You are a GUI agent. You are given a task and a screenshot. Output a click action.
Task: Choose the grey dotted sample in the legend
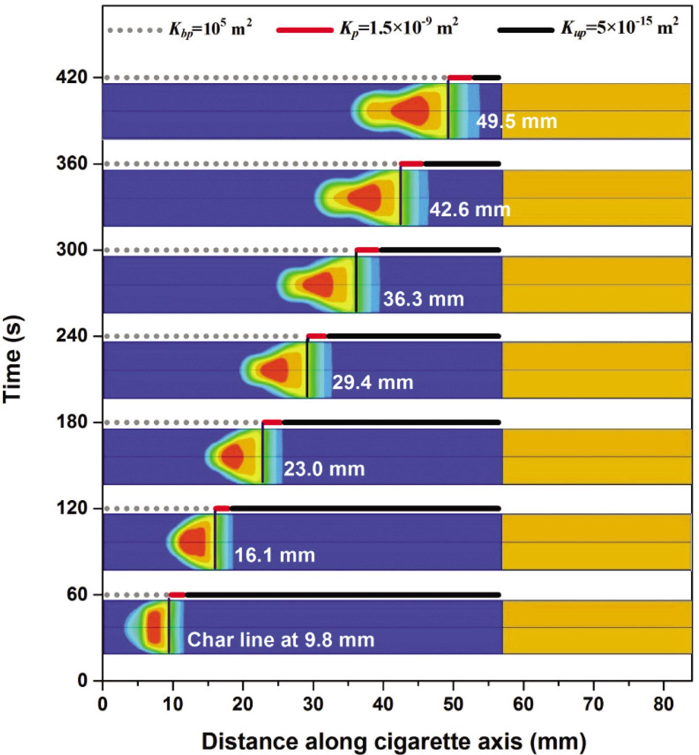click(x=135, y=30)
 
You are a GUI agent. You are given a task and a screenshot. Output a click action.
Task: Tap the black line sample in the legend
click(x=525, y=30)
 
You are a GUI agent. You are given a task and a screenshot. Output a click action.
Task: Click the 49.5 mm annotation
click(x=517, y=122)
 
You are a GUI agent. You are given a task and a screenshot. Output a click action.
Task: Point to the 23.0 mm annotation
click(x=324, y=469)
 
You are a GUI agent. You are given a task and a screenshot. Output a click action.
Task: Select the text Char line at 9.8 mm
click(x=280, y=640)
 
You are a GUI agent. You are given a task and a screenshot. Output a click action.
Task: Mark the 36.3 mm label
click(x=423, y=299)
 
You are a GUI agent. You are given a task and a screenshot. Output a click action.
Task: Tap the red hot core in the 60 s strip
click(x=154, y=627)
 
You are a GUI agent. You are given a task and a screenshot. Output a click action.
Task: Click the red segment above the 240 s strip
click(x=317, y=336)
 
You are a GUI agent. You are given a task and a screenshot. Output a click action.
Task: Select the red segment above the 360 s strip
click(x=411, y=163)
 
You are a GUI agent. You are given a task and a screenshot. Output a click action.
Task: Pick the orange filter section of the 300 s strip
click(x=597, y=285)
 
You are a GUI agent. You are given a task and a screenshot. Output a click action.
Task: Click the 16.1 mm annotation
click(x=274, y=555)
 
